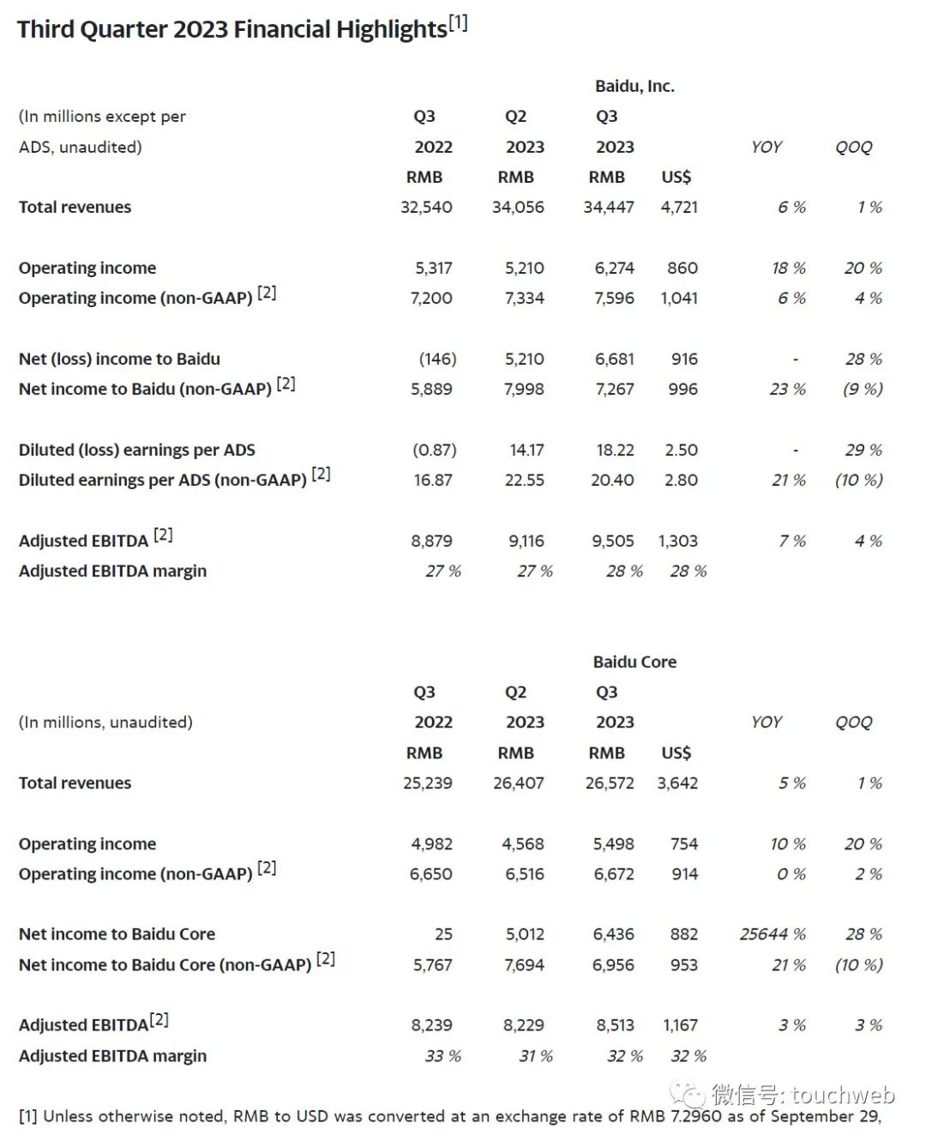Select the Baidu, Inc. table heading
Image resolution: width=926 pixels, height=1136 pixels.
(634, 86)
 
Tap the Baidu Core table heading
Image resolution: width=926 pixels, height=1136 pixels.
(634, 662)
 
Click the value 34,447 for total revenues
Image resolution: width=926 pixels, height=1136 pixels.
(609, 207)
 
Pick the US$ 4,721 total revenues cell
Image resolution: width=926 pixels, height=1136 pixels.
(679, 207)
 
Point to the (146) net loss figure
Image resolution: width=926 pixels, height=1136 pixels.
(437, 359)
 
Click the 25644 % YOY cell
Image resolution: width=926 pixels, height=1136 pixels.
(773, 934)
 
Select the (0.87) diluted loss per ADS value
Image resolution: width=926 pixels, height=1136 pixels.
(435, 450)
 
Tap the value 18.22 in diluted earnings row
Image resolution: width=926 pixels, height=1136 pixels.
(615, 450)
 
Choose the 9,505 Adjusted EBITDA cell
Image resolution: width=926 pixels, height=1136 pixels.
(613, 541)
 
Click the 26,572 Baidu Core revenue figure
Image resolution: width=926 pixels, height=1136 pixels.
(610, 783)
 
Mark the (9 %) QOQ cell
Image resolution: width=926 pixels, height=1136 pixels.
(863, 389)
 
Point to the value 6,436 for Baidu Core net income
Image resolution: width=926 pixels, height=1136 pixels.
(614, 934)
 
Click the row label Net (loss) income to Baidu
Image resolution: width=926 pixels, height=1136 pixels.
(119, 359)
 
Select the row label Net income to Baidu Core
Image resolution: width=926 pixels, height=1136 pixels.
(117, 934)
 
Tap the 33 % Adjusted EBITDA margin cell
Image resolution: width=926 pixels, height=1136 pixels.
(443, 1055)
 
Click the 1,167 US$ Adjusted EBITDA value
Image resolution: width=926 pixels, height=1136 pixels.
(680, 1024)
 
